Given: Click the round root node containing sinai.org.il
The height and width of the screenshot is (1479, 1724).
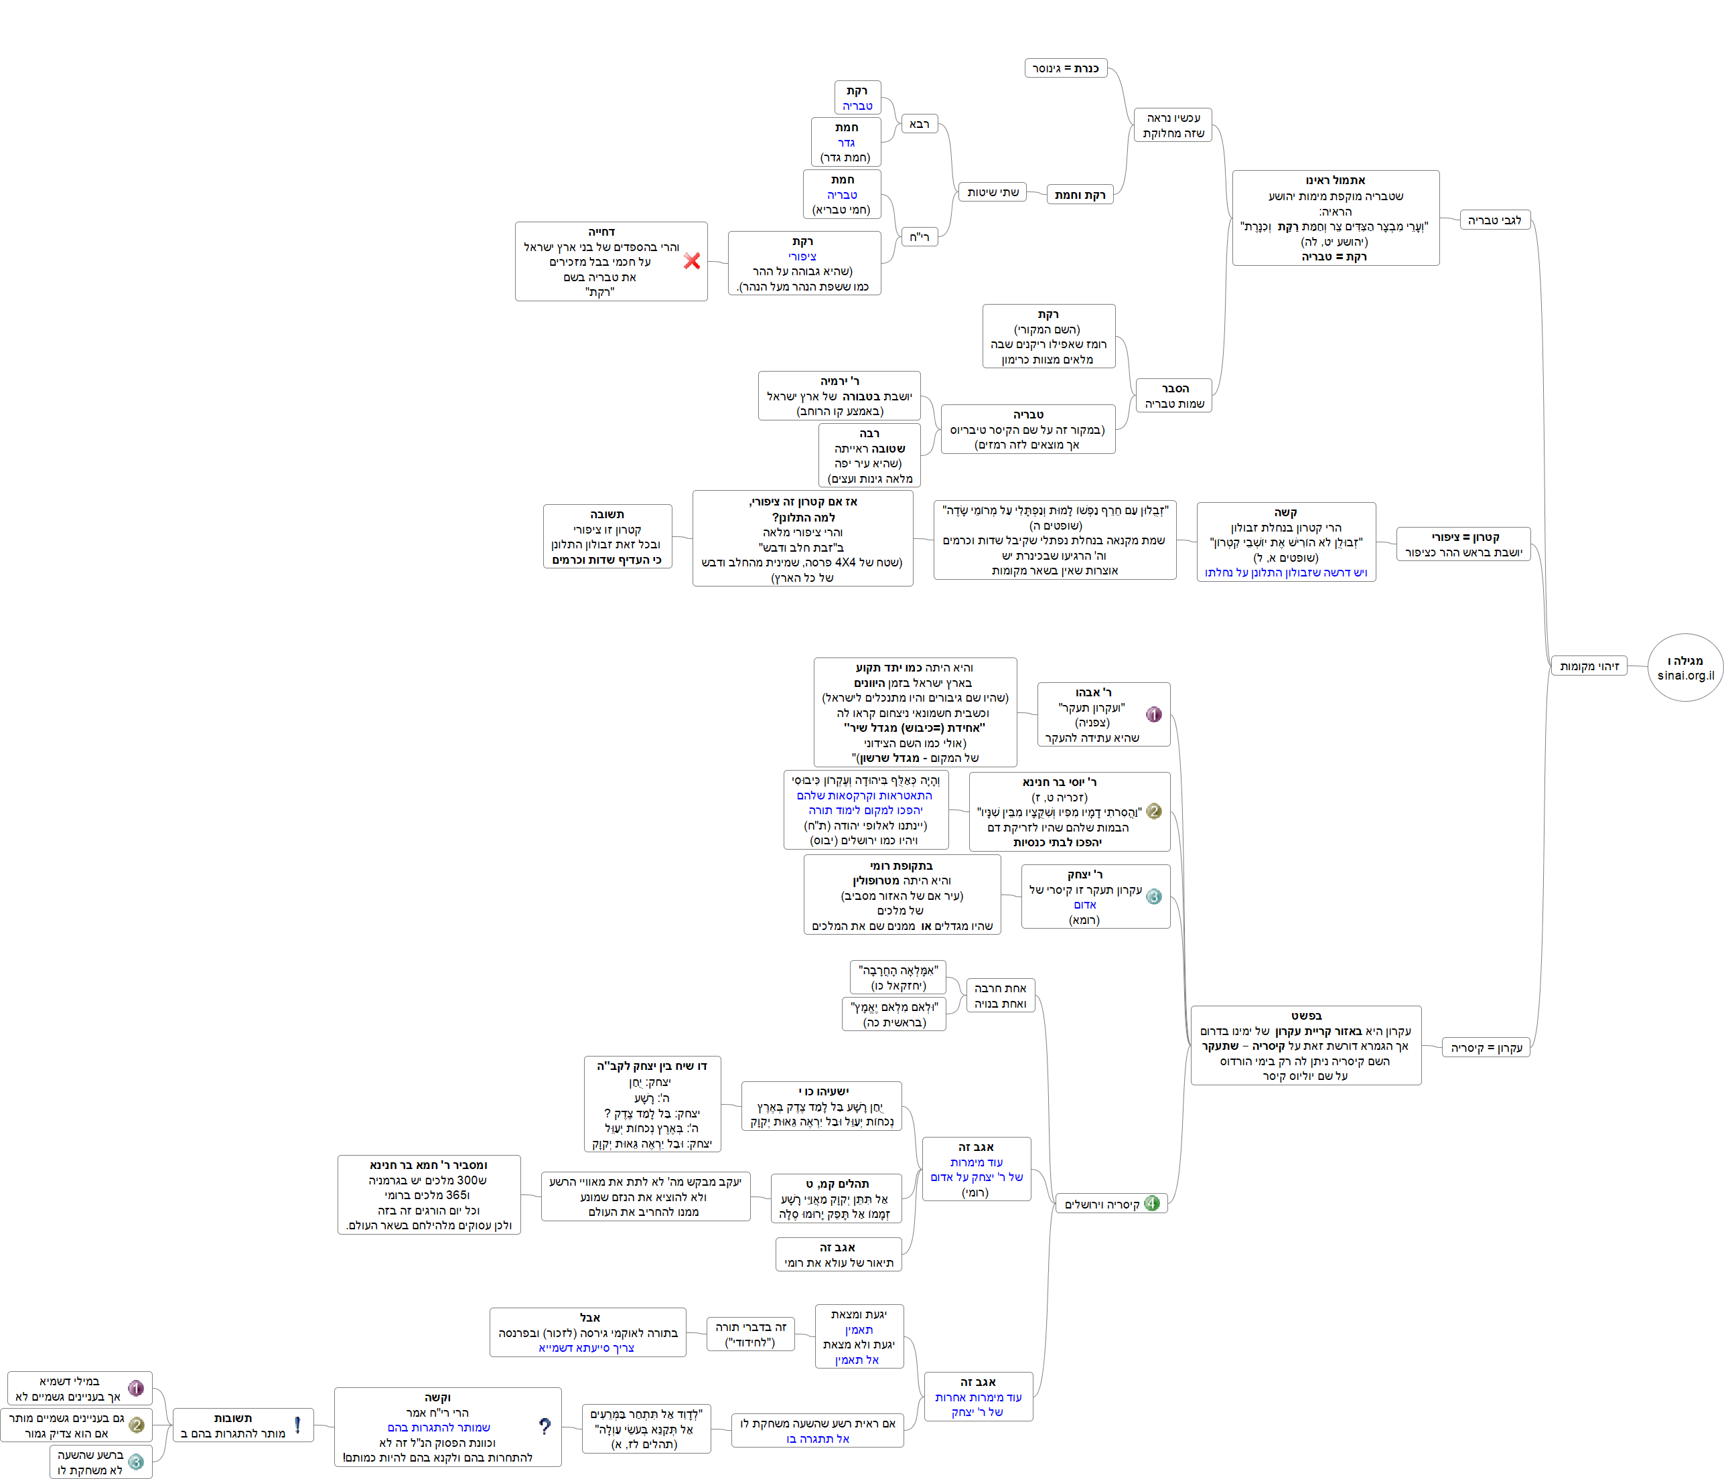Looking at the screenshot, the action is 1685,668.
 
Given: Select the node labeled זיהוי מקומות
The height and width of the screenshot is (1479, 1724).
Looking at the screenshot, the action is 1589,666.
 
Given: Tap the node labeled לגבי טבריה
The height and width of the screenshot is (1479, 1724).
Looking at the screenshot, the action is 1494,220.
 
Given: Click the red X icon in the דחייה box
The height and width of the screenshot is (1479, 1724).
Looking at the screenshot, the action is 691,261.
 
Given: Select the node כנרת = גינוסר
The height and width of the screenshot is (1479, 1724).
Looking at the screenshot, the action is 1065,68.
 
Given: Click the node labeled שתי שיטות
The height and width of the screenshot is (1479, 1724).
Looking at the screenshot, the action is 992,192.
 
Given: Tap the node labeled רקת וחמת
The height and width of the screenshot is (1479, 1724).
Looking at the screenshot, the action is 1079,195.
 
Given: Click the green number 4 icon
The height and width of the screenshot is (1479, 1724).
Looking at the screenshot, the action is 1151,1203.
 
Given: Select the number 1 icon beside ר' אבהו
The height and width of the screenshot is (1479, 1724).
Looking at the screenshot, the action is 1154,714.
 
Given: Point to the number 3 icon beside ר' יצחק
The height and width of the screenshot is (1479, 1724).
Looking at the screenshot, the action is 1154,897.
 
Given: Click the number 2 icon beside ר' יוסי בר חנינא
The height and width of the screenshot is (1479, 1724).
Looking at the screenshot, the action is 1154,811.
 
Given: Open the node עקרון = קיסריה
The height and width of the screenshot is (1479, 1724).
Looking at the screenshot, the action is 1486,1047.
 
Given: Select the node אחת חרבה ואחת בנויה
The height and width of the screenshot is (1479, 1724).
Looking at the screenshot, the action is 1000,996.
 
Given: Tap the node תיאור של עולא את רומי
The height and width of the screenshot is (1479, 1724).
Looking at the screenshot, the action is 838,1255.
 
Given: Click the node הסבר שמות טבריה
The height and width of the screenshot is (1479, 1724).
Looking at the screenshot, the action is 1174,396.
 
